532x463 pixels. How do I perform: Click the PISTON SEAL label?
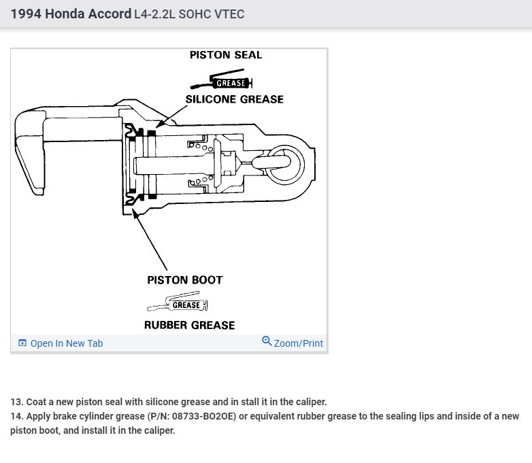225,55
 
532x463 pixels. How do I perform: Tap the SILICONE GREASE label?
234,99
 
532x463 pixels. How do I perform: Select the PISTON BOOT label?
184,279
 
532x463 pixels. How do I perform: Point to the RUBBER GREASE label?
189,325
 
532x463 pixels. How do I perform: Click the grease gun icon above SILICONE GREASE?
222,83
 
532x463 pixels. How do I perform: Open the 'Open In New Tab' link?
66,343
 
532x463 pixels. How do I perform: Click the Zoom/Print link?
298,343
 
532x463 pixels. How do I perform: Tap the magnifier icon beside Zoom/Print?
267,341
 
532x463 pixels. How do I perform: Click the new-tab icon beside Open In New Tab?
22,343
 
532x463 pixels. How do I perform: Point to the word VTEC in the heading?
229,14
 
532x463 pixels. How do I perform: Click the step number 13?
15,402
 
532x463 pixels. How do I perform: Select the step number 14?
15,416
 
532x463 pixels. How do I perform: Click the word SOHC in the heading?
197,14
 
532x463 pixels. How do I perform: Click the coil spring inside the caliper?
197,145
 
